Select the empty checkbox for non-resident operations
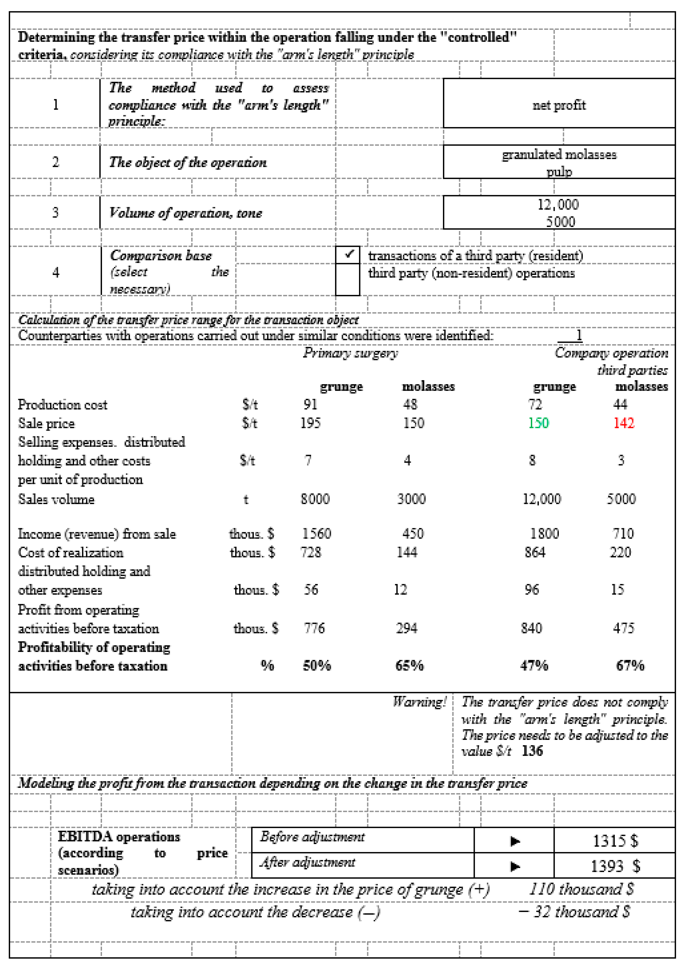(x=348, y=279)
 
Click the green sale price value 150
(x=538, y=423)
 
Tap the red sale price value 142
(x=624, y=423)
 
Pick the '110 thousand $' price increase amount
(x=581, y=889)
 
